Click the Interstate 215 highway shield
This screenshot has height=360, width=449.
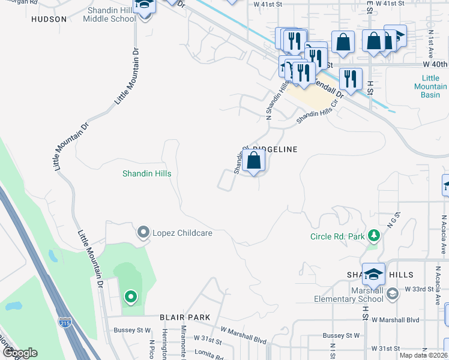(65, 322)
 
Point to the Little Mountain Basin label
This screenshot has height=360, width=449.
(430, 86)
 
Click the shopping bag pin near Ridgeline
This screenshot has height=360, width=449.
(255, 161)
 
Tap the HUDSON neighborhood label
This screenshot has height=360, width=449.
(49, 19)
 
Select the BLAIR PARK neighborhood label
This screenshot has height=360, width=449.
(185, 317)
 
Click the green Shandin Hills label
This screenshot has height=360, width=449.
(147, 173)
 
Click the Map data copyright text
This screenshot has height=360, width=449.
(423, 355)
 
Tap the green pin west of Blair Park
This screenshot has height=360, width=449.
(130, 296)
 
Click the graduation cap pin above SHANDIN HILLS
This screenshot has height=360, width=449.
(373, 274)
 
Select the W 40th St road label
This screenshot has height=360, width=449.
(435, 64)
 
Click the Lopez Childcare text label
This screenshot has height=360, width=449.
(182, 233)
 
